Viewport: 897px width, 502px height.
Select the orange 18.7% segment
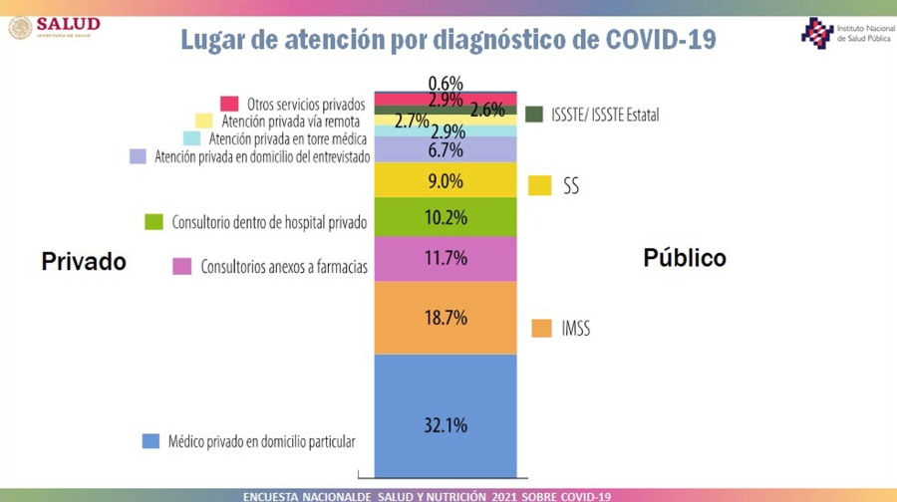pyautogui.click(x=446, y=317)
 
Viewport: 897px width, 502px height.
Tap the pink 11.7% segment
pyautogui.click(x=446, y=258)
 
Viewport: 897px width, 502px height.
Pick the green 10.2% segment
pyautogui.click(x=446, y=216)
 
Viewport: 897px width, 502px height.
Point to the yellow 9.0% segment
pyautogui.click(x=446, y=180)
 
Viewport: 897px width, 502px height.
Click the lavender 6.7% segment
pyautogui.click(x=446, y=149)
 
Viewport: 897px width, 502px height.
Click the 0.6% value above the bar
pyautogui.click(x=446, y=83)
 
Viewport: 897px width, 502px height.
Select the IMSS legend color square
pyautogui.click(x=541, y=328)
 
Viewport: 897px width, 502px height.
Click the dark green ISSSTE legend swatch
pyautogui.click(x=533, y=114)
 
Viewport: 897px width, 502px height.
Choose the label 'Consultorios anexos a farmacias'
pyautogui.click(x=284, y=267)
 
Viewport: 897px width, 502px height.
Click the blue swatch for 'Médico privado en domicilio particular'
pyautogui.click(x=150, y=440)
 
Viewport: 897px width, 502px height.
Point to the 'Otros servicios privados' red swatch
pyautogui.click(x=229, y=104)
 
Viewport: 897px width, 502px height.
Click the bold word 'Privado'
pyautogui.click(x=84, y=261)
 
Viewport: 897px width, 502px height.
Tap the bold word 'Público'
pyautogui.click(x=684, y=258)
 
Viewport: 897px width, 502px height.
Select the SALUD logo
pyautogui.click(x=55, y=27)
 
